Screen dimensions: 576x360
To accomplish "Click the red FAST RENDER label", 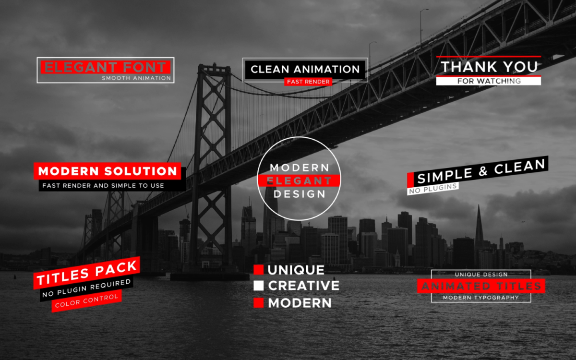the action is pyautogui.click(x=308, y=82).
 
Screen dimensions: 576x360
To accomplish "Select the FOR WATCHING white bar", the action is pyautogui.click(x=489, y=81).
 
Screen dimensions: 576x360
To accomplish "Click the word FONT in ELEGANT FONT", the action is pyautogui.click(x=144, y=67).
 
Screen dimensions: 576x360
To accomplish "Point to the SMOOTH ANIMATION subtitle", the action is pyautogui.click(x=136, y=78).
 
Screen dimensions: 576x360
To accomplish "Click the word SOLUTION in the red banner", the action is pyautogui.click(x=141, y=171).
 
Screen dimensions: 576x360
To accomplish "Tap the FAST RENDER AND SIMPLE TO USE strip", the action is pyautogui.click(x=112, y=186).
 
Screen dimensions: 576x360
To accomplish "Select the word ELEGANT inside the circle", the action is pyautogui.click(x=299, y=181).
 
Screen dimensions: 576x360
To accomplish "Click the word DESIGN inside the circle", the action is pyautogui.click(x=300, y=194).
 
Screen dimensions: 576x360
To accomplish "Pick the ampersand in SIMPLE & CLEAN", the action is pyautogui.click(x=483, y=172).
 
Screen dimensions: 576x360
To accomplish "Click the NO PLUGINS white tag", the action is pyautogui.click(x=433, y=189).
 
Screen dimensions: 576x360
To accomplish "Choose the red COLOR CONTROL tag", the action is pyautogui.click(x=87, y=301).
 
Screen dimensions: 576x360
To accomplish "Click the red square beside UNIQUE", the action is pyautogui.click(x=258, y=270).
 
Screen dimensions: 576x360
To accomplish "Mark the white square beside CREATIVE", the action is pyautogui.click(x=258, y=286).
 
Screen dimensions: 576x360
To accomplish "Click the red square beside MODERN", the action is pyautogui.click(x=258, y=303).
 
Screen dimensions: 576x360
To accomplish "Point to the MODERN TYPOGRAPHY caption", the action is pyautogui.click(x=481, y=298).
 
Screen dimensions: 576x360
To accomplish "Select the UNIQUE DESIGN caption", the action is pyautogui.click(x=481, y=275).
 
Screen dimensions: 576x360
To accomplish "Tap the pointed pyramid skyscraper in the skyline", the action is pyautogui.click(x=479, y=226).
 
